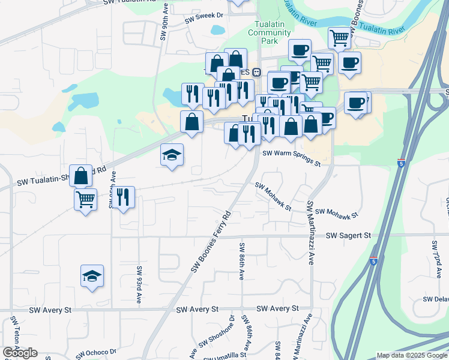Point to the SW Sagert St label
[x=348, y=236]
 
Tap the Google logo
[x=20, y=353]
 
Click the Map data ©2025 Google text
[x=411, y=355]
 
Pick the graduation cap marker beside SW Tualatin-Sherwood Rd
[x=172, y=155]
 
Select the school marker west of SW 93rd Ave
[x=92, y=276]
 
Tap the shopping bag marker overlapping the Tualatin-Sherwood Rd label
[x=81, y=175]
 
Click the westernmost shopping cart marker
[x=85, y=199]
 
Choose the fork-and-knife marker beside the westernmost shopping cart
[x=123, y=197]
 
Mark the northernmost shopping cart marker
[x=339, y=38]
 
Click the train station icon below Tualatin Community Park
[x=256, y=72]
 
